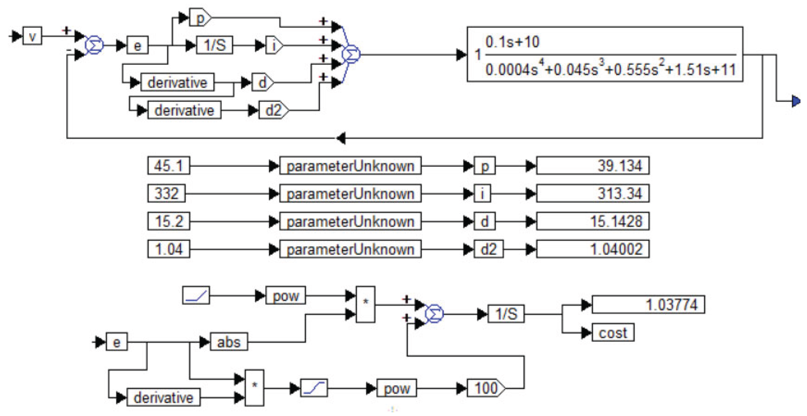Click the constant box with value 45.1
[x=169, y=165]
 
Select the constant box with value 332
[x=166, y=193]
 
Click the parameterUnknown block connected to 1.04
[x=350, y=249]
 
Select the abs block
[x=229, y=342]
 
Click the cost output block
[x=613, y=333]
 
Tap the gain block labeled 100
[x=485, y=388]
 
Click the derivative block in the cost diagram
[x=163, y=397]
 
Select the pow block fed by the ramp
[x=285, y=295]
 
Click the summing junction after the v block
[x=94, y=45]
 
